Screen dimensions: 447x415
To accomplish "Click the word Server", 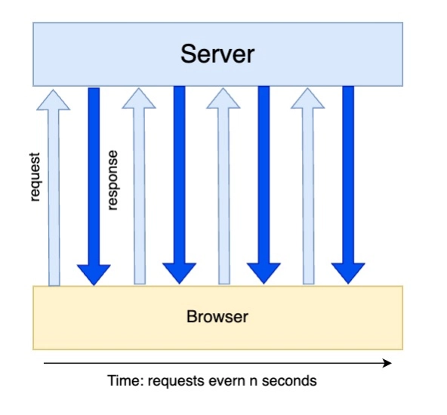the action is (217, 54).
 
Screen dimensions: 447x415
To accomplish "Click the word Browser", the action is (217, 316).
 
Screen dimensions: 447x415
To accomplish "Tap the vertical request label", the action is (35, 177).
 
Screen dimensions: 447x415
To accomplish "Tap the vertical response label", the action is (113, 180).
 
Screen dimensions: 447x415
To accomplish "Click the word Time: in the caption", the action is (125, 381).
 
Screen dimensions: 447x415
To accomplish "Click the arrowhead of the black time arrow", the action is (387, 363).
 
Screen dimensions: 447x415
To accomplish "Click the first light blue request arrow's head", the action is (54, 100).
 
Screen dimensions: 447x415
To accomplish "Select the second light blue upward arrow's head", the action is (139, 98).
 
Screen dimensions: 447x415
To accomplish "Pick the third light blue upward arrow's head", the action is (223, 98).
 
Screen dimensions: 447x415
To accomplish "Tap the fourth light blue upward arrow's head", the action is (307, 98).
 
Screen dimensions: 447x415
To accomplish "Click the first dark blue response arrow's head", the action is (94, 275).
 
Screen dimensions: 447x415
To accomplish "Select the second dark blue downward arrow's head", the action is (179, 273).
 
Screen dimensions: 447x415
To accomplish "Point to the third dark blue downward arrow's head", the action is (264, 273).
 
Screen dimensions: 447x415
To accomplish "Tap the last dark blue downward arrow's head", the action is (348, 273).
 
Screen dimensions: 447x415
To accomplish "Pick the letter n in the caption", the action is (254, 382).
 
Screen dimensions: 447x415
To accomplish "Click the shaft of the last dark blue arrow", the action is (348, 174).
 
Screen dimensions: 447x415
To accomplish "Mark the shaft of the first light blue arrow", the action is (54, 198).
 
